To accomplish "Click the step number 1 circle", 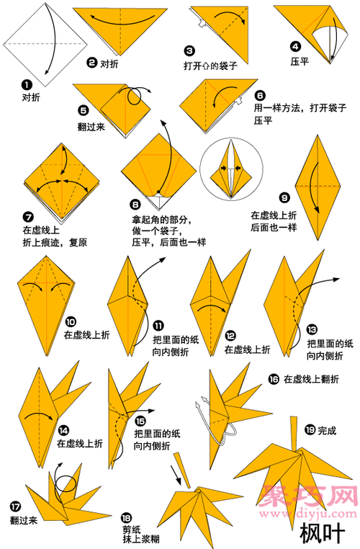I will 27,84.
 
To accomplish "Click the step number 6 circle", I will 260,94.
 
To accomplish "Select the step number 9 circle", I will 284,197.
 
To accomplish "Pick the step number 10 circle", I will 71,322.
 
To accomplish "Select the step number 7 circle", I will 27,217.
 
